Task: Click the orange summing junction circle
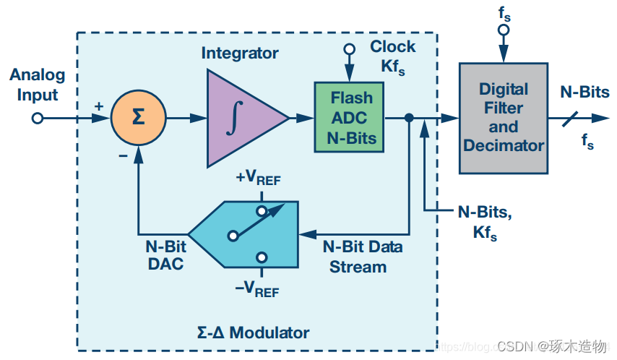click(137, 117)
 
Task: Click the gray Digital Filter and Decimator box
click(503, 117)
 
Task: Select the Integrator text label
click(239, 53)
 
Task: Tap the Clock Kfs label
click(392, 56)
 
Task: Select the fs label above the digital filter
click(504, 12)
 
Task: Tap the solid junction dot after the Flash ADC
click(409, 118)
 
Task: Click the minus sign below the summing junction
click(123, 155)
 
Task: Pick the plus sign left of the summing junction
click(98, 106)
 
